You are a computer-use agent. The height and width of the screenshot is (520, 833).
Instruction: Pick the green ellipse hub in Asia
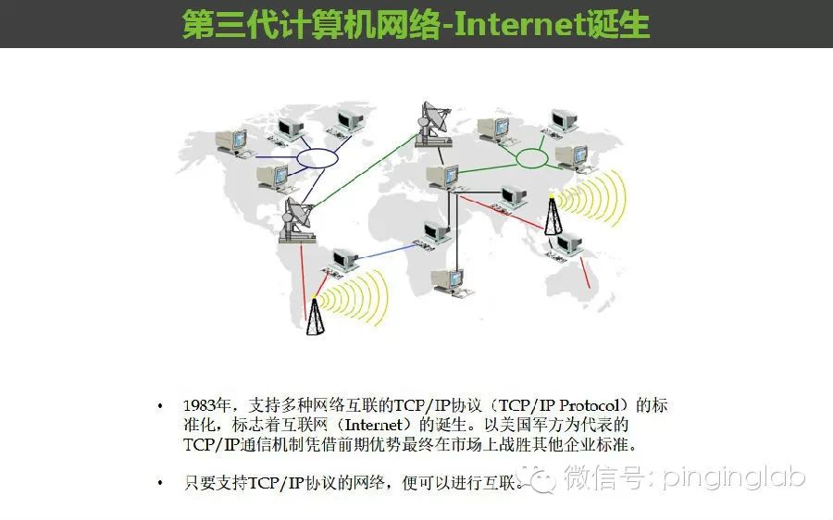coord(531,158)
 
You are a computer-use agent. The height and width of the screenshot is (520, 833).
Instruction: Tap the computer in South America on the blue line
coord(343,262)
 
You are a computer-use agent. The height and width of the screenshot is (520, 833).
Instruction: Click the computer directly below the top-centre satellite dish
coord(442,175)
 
